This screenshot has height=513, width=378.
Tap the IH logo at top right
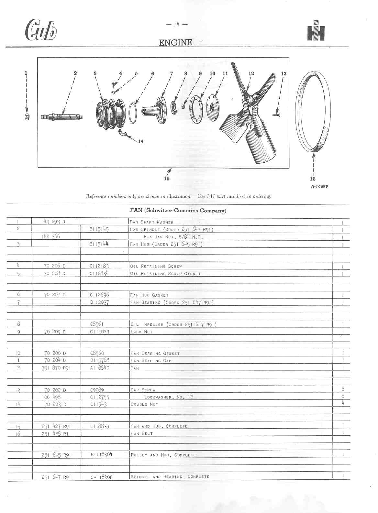click(x=316, y=31)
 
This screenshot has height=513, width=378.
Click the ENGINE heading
click(x=175, y=42)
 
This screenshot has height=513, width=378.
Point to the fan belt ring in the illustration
click(x=314, y=110)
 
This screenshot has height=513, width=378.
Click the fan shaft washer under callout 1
click(x=27, y=117)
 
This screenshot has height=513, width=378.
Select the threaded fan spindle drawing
click(x=62, y=116)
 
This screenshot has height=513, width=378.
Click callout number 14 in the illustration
click(x=141, y=141)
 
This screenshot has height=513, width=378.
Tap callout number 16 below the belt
click(x=313, y=179)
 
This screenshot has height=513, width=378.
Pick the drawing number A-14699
click(x=319, y=186)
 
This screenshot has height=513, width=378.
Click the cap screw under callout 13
click(x=276, y=114)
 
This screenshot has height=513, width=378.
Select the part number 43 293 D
click(x=54, y=222)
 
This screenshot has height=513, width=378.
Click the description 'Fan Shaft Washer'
click(x=151, y=222)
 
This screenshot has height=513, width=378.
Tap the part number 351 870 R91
click(x=56, y=368)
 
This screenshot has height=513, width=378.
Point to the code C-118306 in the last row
click(x=102, y=477)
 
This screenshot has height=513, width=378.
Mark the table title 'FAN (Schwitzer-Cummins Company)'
click(x=178, y=211)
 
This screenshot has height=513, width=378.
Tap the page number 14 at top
click(x=176, y=24)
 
